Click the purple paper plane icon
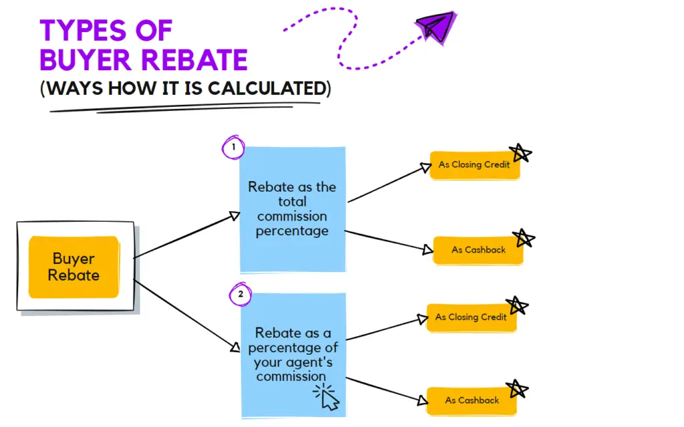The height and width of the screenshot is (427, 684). [437, 27]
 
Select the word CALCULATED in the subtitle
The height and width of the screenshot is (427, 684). [267, 88]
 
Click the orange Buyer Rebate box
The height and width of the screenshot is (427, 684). [73, 267]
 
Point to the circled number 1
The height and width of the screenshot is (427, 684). [233, 147]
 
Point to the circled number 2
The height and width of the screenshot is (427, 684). [240, 294]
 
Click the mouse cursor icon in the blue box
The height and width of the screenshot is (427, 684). [327, 396]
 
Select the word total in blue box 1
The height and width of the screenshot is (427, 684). [293, 202]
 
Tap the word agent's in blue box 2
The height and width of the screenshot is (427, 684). [293, 362]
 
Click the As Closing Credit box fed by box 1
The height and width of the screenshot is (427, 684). [475, 165]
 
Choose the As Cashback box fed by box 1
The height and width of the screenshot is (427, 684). [478, 250]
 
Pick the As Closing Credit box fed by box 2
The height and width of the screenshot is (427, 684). [471, 317]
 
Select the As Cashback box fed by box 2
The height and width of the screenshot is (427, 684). [472, 400]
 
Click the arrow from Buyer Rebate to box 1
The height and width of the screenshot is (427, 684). [187, 235]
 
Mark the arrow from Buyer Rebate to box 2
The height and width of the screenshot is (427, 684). [187, 316]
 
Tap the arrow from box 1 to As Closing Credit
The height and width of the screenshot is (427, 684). [389, 182]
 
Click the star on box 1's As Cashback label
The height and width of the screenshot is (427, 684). [524, 239]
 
